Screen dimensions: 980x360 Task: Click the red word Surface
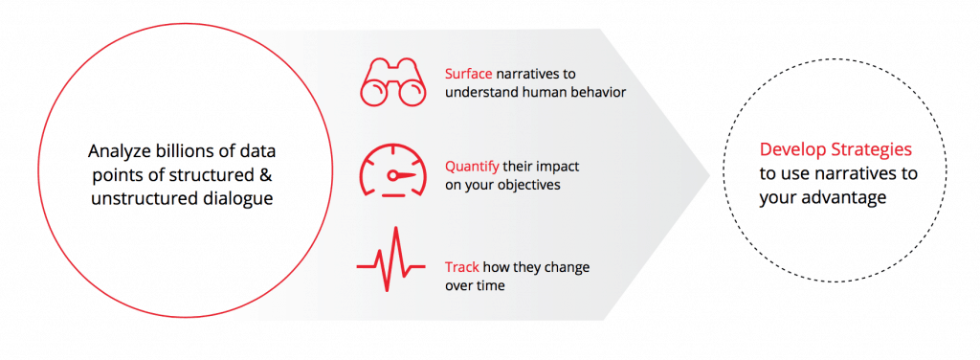point(469,74)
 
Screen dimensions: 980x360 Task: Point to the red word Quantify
point(472,168)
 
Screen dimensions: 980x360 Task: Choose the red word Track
point(462,267)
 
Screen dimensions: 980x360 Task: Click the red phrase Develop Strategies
point(835,149)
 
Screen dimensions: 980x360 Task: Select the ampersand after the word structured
point(265,175)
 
